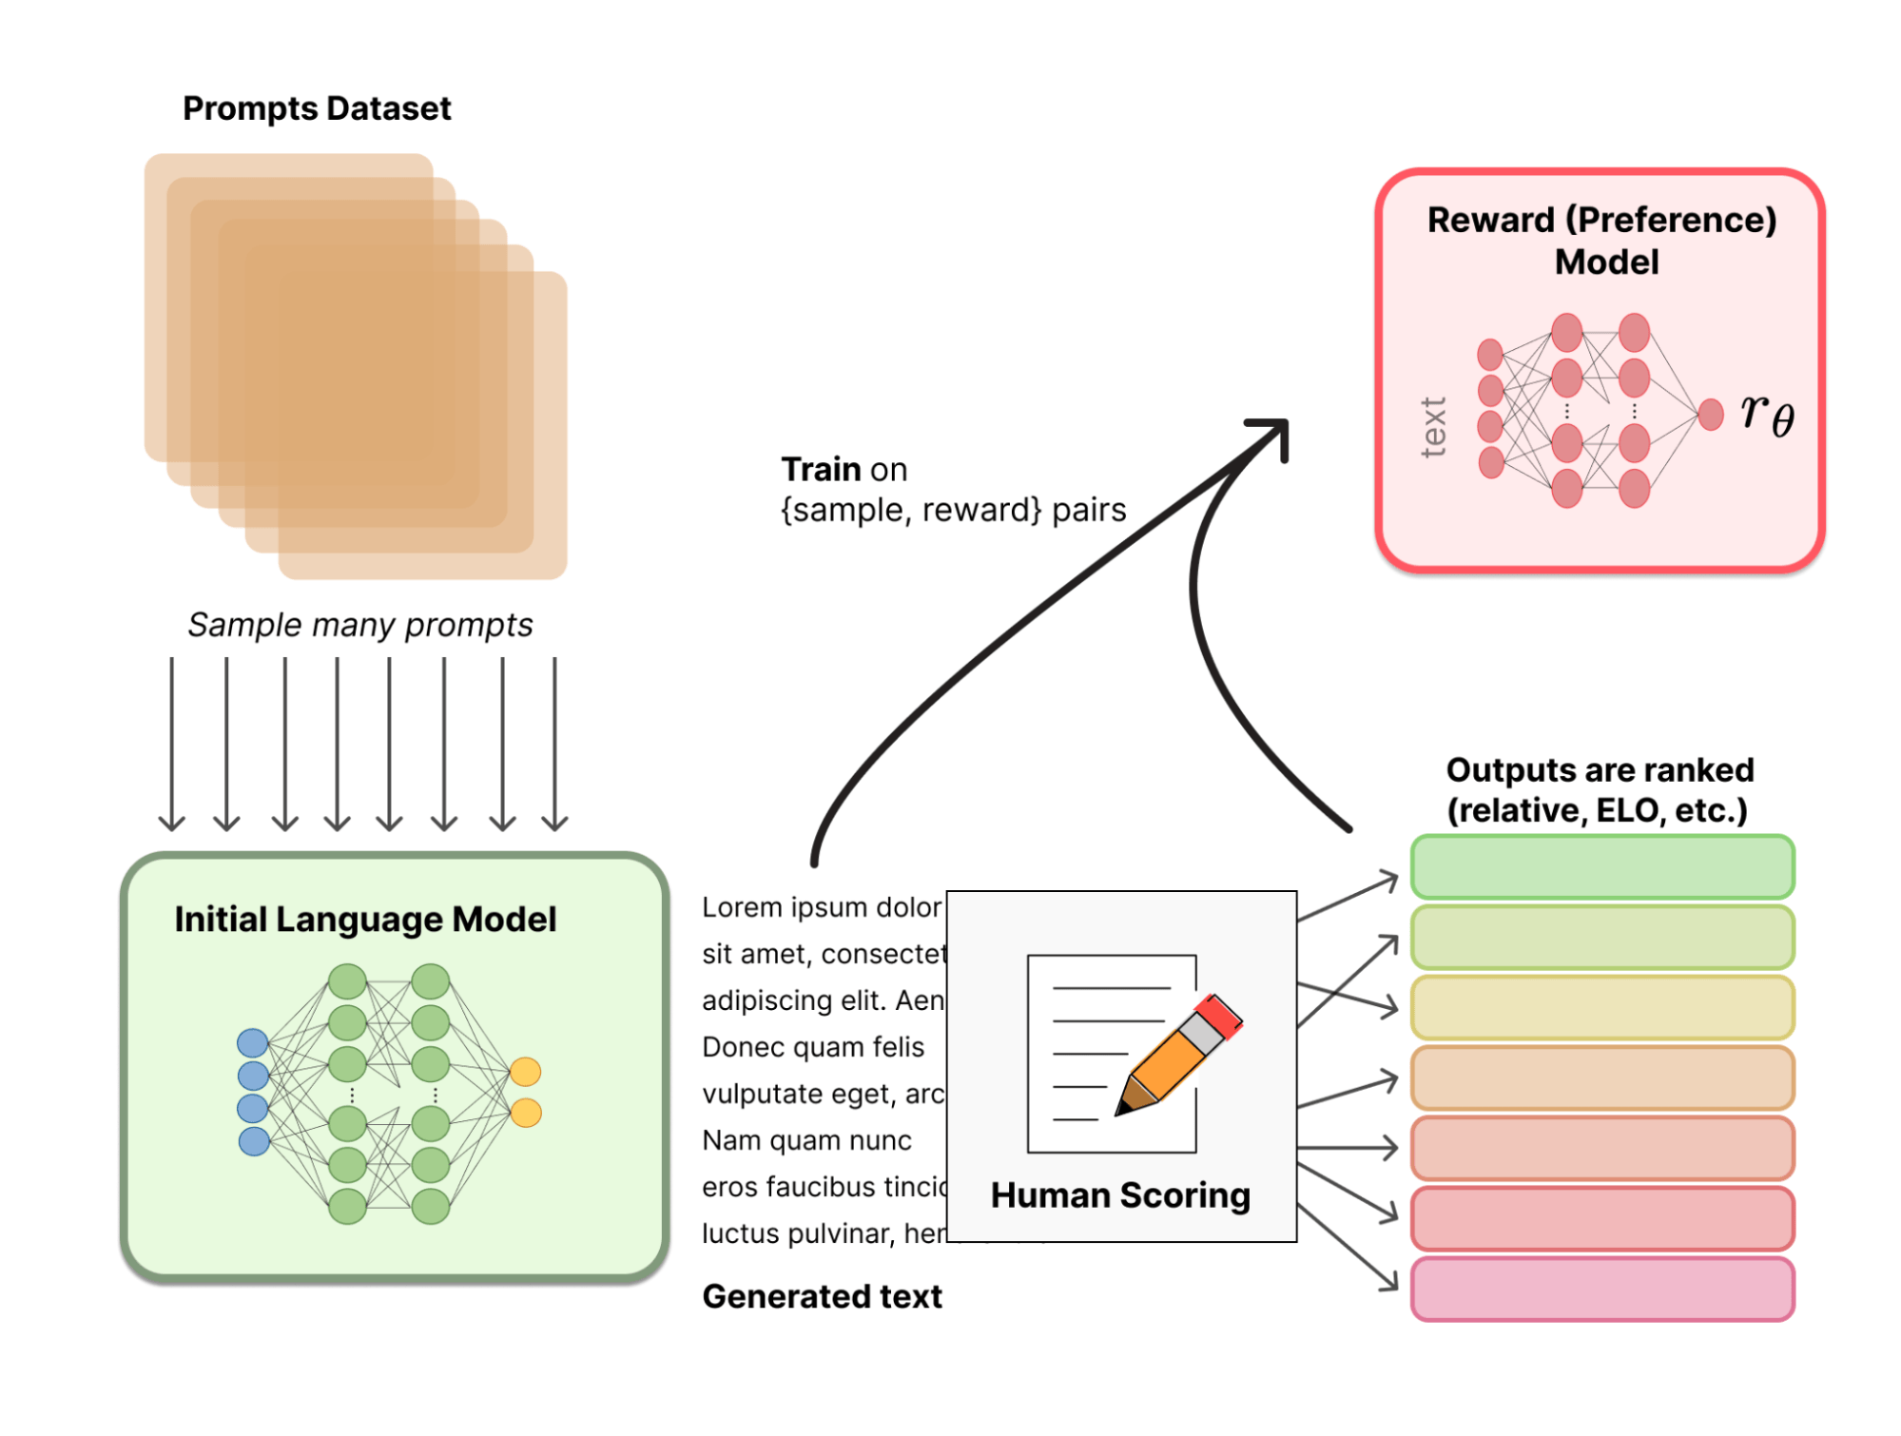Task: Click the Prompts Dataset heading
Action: [x=317, y=108]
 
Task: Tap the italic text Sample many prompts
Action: [x=359, y=625]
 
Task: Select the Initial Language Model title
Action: [x=365, y=920]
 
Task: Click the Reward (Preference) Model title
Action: [x=1601, y=240]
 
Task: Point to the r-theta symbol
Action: [x=1767, y=415]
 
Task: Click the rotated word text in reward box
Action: [x=1433, y=427]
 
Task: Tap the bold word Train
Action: [x=821, y=469]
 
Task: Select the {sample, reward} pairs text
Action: [x=953, y=511]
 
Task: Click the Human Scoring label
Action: [x=1120, y=1195]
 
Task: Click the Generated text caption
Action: [x=822, y=1296]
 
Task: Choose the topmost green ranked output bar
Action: [x=1601, y=867]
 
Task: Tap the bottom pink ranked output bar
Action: [x=1601, y=1290]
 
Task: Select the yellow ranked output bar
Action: [x=1601, y=1008]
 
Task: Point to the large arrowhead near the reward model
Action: [x=1274, y=433]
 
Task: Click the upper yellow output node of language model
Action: [x=526, y=1072]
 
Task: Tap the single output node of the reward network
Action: [x=1711, y=415]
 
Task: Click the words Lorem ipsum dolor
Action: [x=821, y=907]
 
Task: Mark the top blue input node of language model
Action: [x=253, y=1043]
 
